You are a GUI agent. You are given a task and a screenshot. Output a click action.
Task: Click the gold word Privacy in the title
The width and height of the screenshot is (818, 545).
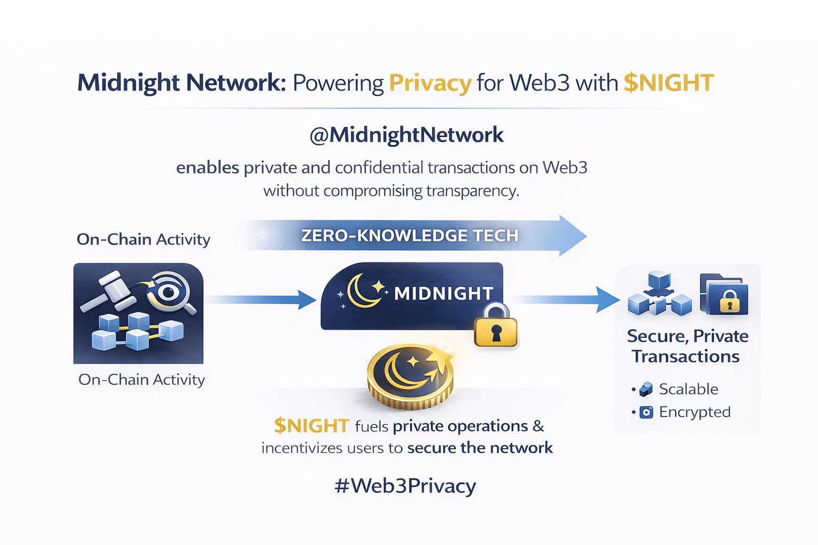(x=430, y=84)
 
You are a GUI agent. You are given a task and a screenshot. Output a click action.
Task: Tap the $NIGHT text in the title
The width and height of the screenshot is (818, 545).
(x=668, y=84)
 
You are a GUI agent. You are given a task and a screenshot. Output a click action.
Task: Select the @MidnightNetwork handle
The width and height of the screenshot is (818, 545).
(x=406, y=135)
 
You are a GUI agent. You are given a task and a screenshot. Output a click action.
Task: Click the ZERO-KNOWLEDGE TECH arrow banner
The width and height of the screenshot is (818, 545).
(x=410, y=235)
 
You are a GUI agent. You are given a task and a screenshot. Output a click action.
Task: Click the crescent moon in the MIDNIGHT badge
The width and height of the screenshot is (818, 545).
(x=363, y=291)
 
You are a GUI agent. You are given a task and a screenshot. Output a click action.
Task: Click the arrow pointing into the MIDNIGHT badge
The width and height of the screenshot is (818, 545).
(x=261, y=299)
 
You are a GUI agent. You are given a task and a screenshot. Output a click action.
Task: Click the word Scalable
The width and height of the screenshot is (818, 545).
(x=688, y=389)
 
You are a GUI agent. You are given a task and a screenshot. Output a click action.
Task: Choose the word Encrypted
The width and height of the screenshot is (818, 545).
(x=694, y=412)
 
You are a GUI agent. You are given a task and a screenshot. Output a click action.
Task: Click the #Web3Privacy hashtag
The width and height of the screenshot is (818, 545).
(x=405, y=486)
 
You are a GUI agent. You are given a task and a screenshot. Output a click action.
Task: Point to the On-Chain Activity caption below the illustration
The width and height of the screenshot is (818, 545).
(x=141, y=379)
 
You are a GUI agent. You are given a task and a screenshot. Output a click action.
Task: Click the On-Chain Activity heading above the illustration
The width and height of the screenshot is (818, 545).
(x=143, y=240)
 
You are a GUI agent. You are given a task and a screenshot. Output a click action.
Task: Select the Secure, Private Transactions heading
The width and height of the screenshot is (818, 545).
(x=687, y=346)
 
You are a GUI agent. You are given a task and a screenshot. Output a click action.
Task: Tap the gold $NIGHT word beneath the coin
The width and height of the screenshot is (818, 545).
(x=312, y=426)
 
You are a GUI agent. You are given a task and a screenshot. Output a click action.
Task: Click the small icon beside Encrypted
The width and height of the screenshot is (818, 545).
(x=646, y=412)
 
